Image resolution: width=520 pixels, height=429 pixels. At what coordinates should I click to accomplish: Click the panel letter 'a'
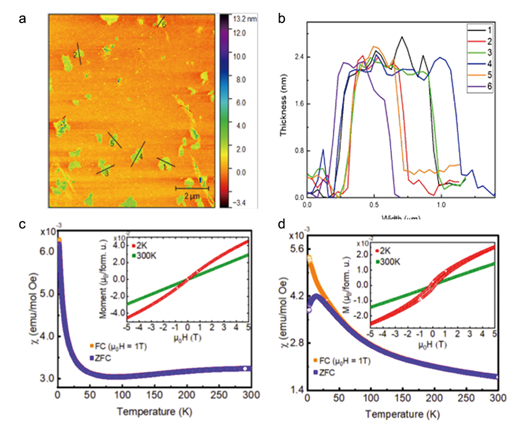(23, 19)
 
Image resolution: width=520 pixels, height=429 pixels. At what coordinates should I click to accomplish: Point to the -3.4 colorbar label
(238, 203)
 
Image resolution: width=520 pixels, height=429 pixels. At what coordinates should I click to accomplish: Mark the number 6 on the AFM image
(164, 25)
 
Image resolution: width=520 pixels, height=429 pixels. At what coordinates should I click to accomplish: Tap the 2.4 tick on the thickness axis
(298, 57)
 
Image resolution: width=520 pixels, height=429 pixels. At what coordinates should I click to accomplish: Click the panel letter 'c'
(23, 225)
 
